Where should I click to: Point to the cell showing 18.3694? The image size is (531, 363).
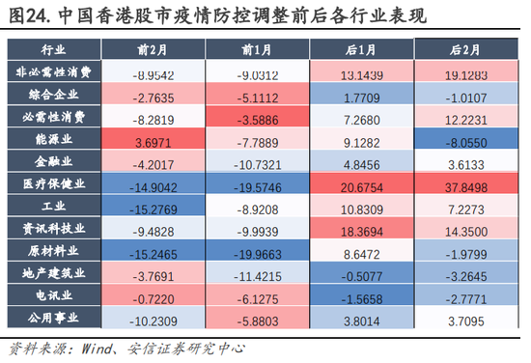[x=361, y=229]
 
